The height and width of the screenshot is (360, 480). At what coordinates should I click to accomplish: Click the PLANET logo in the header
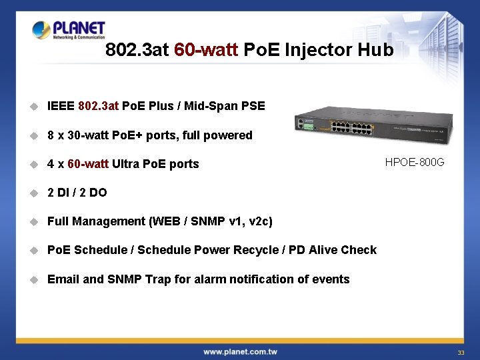click(69, 30)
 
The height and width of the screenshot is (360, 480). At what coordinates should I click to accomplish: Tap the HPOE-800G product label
click(415, 162)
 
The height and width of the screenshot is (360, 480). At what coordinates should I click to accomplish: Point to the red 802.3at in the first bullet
click(99, 106)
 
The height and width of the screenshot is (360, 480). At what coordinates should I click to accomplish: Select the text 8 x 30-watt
click(75, 135)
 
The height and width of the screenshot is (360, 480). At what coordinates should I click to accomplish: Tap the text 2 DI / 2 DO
click(77, 193)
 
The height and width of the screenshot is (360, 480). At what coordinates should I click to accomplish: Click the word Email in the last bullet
click(63, 279)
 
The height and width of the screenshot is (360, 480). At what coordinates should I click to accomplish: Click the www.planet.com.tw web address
click(240, 351)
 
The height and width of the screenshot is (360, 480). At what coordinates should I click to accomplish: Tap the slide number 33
click(460, 352)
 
